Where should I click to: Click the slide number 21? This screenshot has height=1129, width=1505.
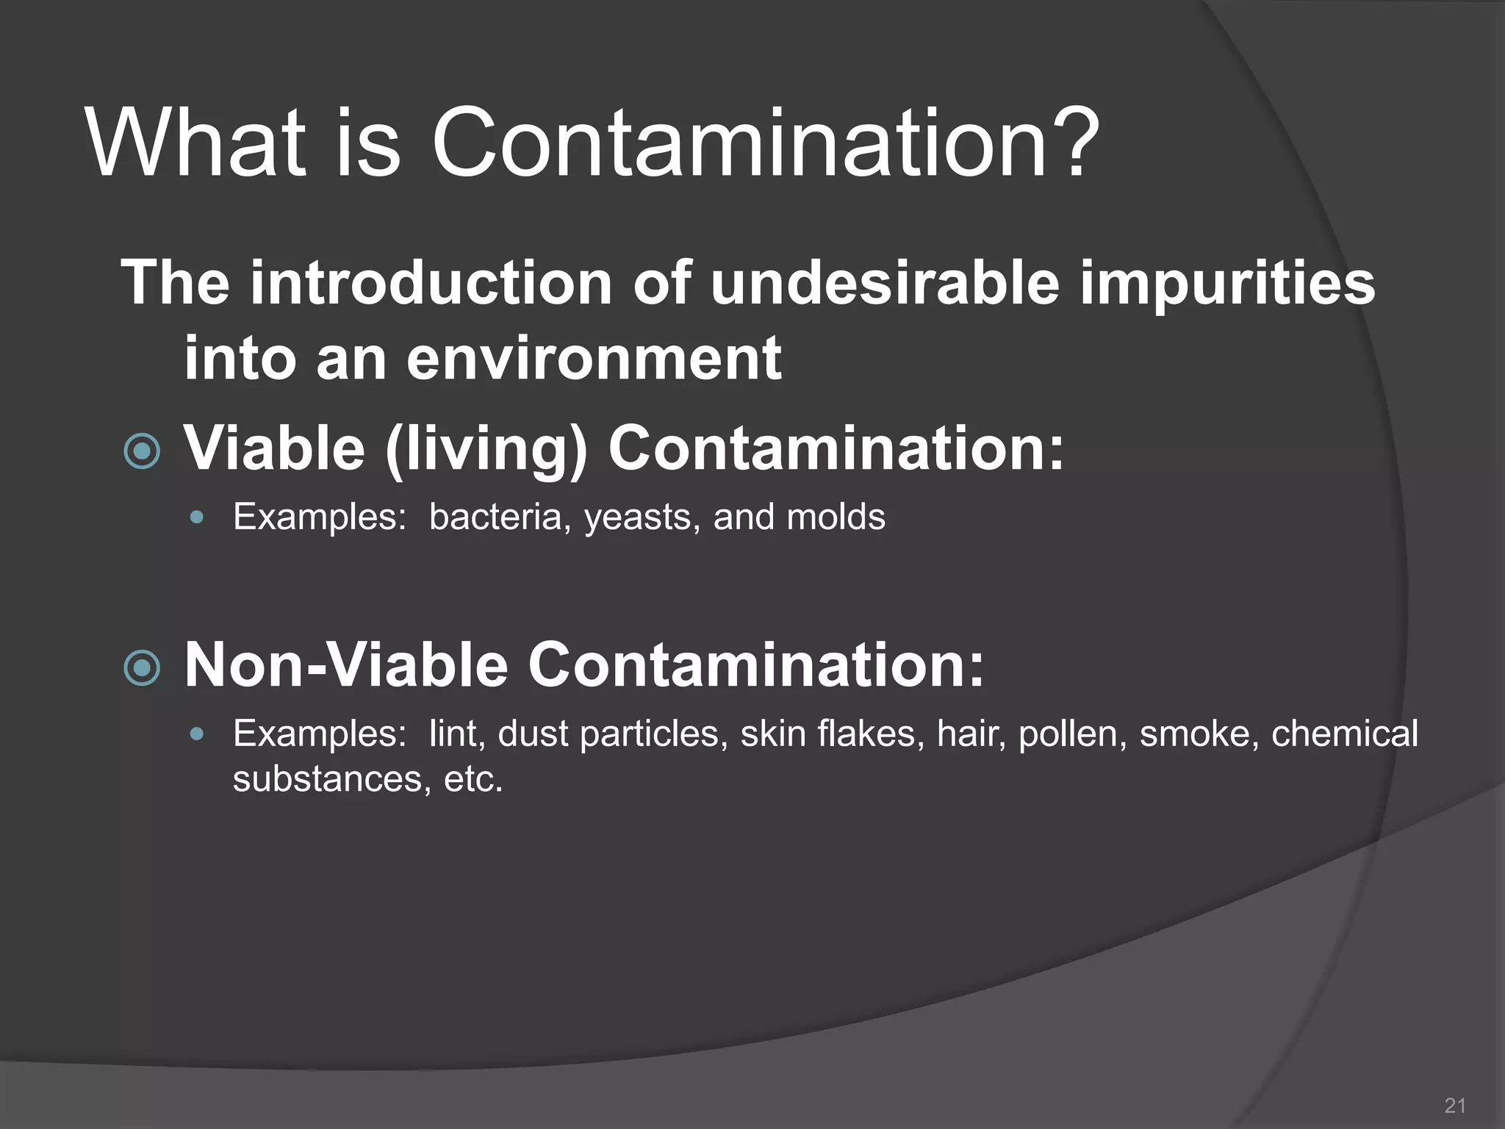(x=1455, y=1105)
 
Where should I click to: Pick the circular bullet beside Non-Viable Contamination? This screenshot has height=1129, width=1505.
(x=142, y=667)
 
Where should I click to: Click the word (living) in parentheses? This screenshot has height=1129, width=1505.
(x=486, y=450)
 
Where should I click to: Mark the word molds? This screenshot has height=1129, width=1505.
(x=836, y=517)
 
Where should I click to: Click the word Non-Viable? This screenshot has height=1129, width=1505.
(x=346, y=664)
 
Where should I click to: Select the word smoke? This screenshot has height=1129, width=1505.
(x=1195, y=734)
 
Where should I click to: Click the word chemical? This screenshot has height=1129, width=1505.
(x=1344, y=734)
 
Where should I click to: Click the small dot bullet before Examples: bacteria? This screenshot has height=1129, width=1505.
(x=195, y=517)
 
